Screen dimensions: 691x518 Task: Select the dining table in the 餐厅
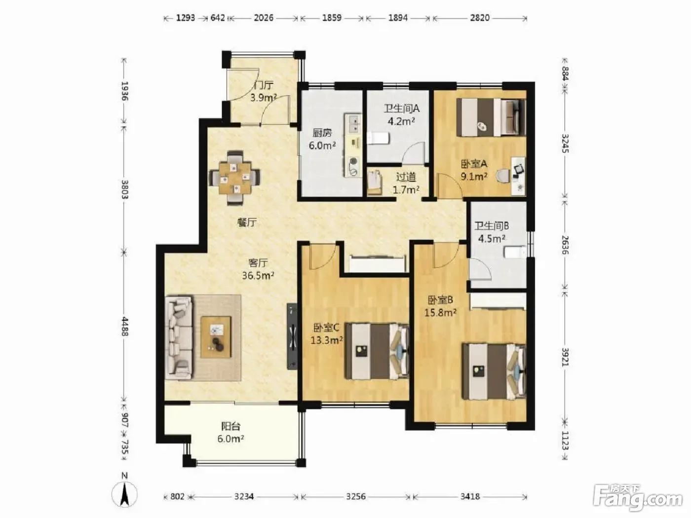coord(235,178)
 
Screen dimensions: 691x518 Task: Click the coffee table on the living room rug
coord(216,337)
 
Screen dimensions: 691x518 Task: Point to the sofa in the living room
coord(179,337)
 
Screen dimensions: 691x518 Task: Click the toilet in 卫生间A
coord(379,138)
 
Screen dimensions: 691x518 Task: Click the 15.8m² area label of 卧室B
coord(440,313)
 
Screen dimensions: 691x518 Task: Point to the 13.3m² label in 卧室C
coord(326,340)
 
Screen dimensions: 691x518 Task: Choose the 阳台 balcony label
coord(231,426)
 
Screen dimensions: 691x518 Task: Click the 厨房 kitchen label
coord(322,133)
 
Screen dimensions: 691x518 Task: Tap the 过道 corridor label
coord(406,177)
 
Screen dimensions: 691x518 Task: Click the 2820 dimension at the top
coord(480,18)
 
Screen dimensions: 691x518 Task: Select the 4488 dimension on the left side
coord(125,327)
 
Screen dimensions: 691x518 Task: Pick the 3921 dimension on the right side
coord(566,357)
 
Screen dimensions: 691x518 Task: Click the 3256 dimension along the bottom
coord(356,496)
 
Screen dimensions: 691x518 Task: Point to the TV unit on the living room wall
coord(292,336)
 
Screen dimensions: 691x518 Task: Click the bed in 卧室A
coord(491,117)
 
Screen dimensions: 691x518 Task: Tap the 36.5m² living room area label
coord(258,276)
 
